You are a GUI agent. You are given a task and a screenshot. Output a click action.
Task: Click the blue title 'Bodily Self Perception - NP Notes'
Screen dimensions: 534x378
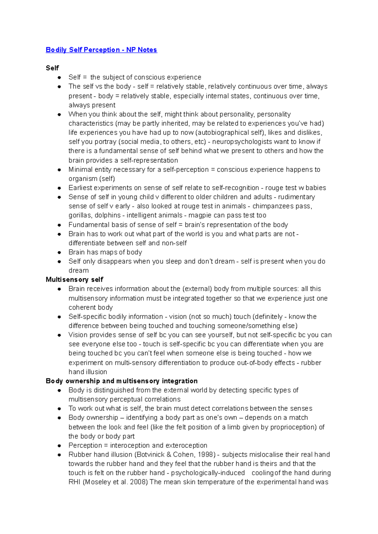(101, 50)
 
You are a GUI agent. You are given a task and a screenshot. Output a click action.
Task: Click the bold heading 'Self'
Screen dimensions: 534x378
(52, 68)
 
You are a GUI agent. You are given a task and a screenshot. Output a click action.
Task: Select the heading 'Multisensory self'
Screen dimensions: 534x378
(74, 280)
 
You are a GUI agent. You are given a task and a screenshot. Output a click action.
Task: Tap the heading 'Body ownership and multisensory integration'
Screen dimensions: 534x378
(122, 381)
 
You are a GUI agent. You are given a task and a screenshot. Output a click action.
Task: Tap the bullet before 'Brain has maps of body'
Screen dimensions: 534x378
(59, 252)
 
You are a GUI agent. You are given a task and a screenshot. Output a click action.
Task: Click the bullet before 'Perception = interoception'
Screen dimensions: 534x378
(59, 446)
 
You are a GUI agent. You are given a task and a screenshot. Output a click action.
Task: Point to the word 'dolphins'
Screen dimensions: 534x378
(108, 215)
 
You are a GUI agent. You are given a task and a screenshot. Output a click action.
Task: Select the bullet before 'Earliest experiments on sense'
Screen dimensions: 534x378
(59, 188)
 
